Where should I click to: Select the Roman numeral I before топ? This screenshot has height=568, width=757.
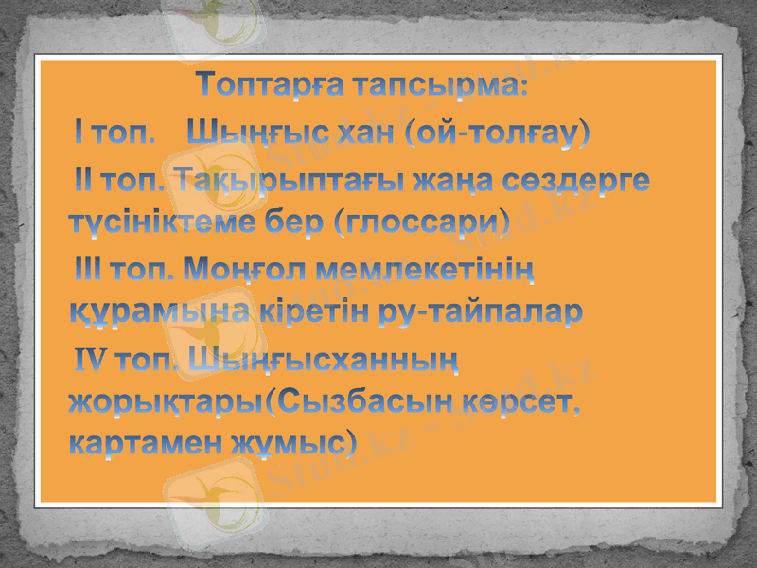pos(80,133)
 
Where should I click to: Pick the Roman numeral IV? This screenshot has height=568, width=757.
pos(92,359)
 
